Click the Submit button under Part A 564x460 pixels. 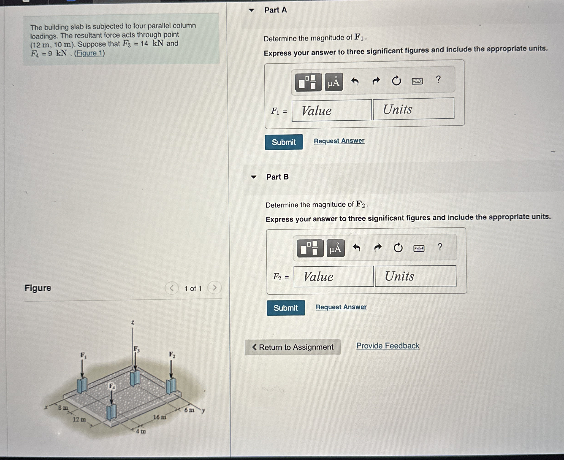tap(284, 142)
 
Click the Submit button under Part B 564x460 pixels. tap(286, 308)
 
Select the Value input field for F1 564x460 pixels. tap(332, 111)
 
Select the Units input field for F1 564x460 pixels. tap(413, 109)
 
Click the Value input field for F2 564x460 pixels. tap(334, 276)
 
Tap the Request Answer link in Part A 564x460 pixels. tap(339, 141)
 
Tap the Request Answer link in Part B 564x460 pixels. tap(341, 307)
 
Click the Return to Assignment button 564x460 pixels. tap(293, 347)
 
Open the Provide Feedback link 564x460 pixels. tap(388, 346)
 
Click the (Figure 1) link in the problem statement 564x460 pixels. tap(89, 53)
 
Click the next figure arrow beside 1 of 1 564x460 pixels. tap(214, 287)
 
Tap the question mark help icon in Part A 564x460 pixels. tap(438, 79)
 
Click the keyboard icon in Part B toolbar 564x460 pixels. tap(419, 248)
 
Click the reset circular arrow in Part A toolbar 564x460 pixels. tap(396, 81)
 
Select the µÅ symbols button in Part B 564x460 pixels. tap(336, 248)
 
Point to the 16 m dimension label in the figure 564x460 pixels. tap(160, 417)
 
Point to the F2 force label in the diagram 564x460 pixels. tap(172, 354)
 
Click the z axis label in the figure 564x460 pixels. tap(133, 322)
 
